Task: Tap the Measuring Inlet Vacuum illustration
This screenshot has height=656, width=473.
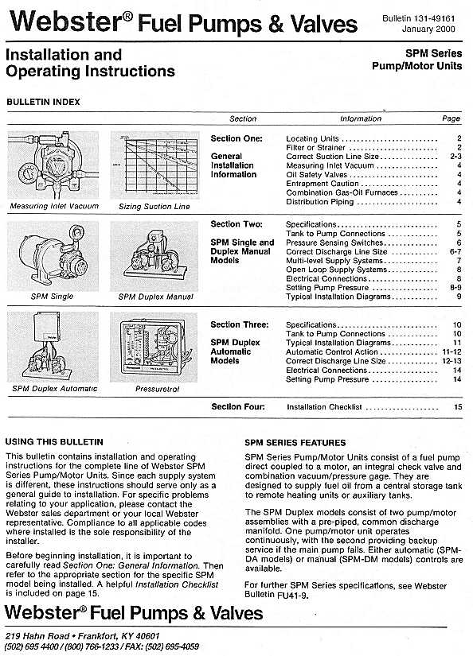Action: (x=53, y=165)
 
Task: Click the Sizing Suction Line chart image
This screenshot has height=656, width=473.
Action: (x=154, y=165)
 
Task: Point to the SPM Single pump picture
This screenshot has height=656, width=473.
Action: (x=53, y=256)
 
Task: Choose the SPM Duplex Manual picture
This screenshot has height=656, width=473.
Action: (x=155, y=256)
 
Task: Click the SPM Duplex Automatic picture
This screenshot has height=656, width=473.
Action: (x=53, y=347)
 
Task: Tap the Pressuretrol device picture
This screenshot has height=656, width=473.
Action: (x=155, y=347)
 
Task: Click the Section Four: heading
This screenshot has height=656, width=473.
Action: (x=237, y=407)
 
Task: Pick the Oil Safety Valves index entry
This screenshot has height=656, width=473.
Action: (x=316, y=174)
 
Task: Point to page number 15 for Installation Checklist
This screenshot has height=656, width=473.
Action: (x=458, y=407)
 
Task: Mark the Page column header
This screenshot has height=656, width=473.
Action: (x=451, y=118)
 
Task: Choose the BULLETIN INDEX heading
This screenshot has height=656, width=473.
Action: (x=42, y=102)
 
